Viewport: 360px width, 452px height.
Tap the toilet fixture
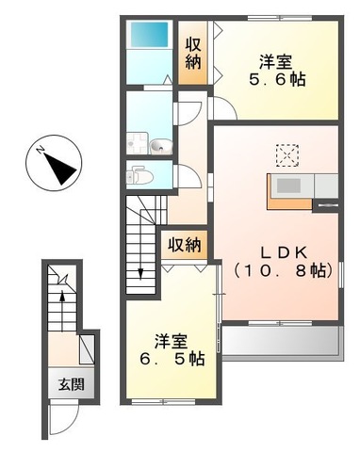(138, 174)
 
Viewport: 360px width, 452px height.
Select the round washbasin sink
(159, 145)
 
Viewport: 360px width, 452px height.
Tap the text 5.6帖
(277, 80)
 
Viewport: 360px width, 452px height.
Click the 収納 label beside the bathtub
(193, 53)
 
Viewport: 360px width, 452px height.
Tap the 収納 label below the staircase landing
(185, 245)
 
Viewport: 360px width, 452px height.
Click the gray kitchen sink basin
(287, 185)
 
